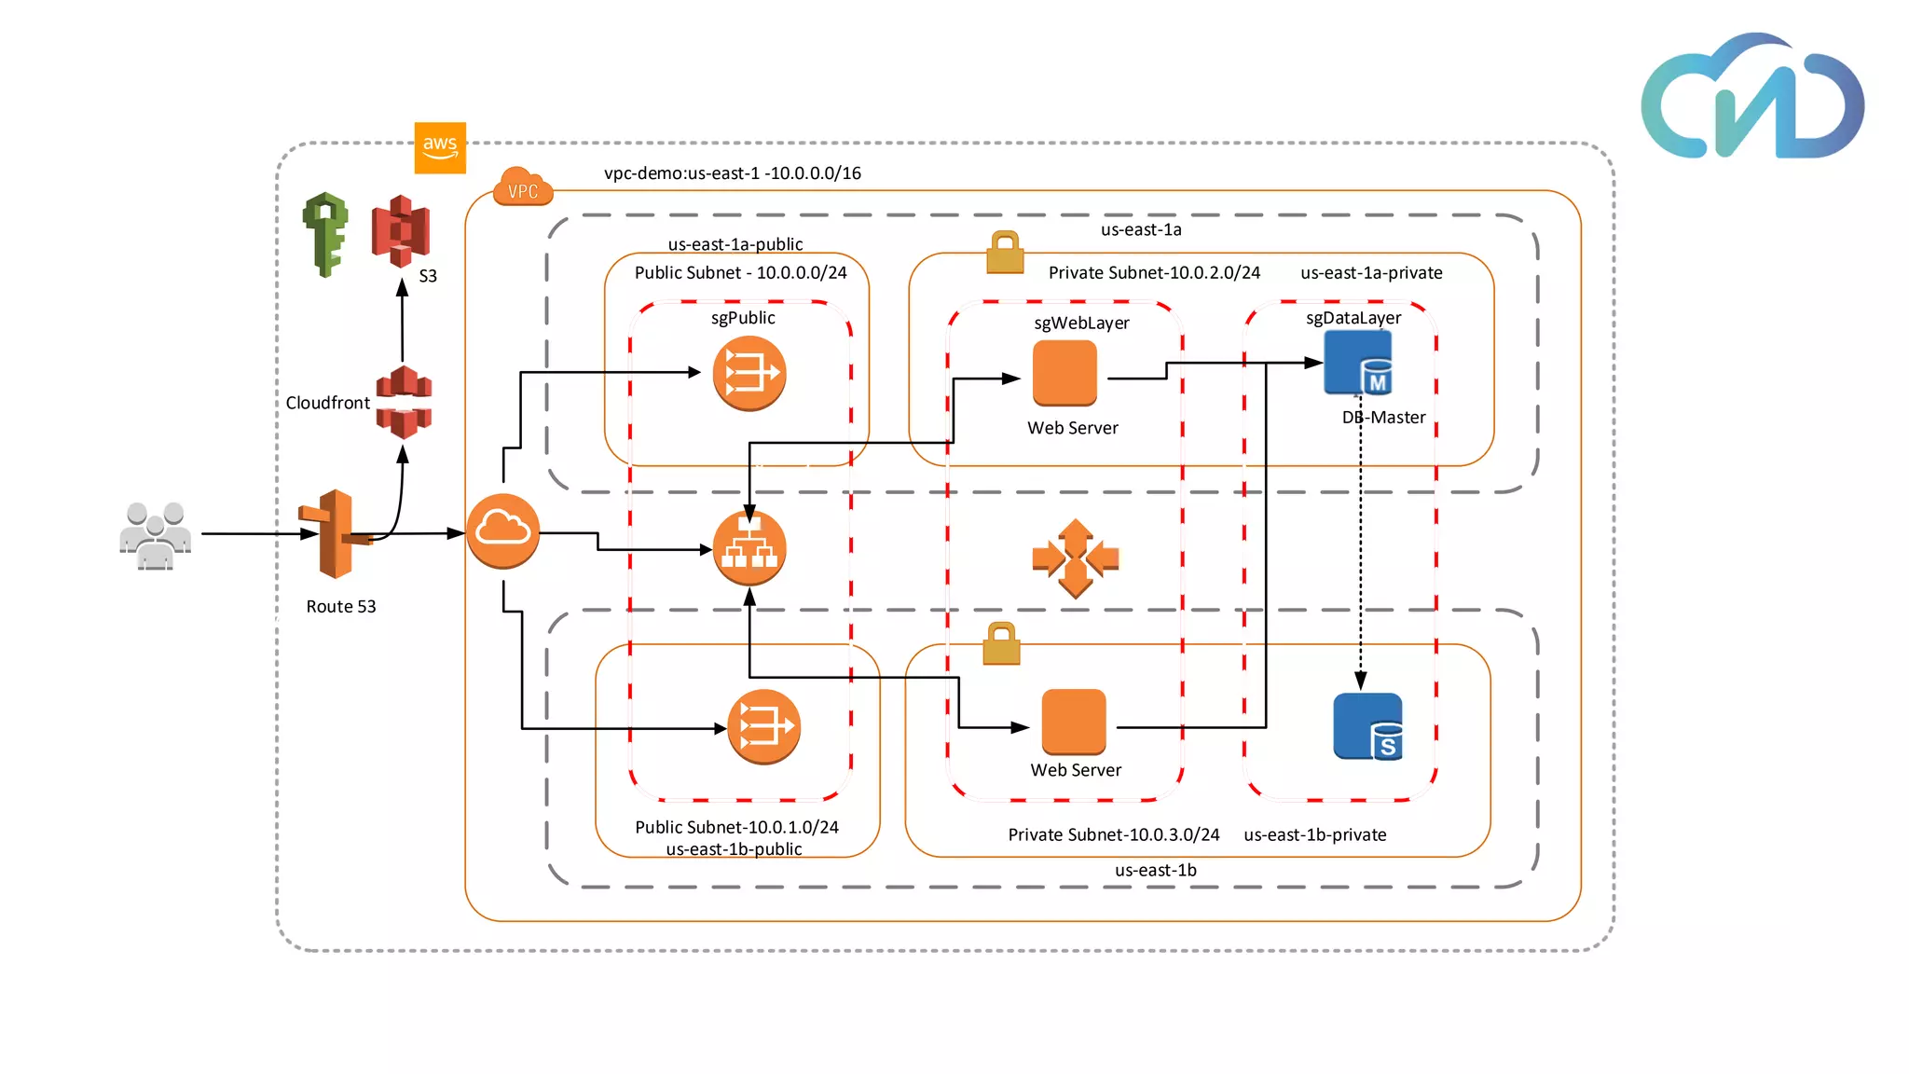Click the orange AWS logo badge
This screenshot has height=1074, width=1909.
point(440,147)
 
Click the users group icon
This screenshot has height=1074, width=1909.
point(155,536)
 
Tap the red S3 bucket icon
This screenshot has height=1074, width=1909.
point(401,231)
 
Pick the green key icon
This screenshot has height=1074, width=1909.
point(325,234)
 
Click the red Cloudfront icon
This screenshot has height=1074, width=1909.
point(404,402)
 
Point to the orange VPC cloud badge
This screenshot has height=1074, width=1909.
point(523,187)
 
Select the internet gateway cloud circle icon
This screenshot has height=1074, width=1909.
point(502,530)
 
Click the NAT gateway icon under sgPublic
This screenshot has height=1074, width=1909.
point(748,373)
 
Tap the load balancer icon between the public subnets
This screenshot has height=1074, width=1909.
point(748,548)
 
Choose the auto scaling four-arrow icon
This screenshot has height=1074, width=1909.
point(1075,558)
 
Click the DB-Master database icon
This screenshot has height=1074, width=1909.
point(1358,364)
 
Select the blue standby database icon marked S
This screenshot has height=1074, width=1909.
point(1368,726)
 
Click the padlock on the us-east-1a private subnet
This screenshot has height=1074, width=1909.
point(1005,253)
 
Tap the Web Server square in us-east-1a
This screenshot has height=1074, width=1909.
point(1064,372)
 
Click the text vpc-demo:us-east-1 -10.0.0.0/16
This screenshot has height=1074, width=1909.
point(732,173)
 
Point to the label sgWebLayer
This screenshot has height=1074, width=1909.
point(1081,324)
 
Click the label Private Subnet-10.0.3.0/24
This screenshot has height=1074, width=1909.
point(1113,834)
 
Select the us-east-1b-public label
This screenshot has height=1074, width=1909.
point(734,849)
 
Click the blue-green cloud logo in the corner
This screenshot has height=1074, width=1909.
point(1752,98)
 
